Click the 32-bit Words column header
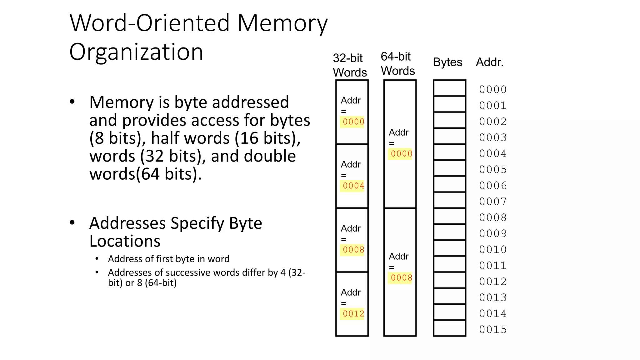pyautogui.click(x=349, y=65)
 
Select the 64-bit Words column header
pyautogui.click(x=397, y=64)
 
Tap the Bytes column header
pyautogui.click(x=447, y=62)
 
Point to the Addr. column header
pyautogui.click(x=489, y=62)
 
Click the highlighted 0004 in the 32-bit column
pyautogui.click(x=353, y=186)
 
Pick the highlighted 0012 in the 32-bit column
pyautogui.click(x=353, y=314)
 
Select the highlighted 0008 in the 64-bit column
pyautogui.click(x=401, y=278)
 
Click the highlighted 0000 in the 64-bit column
pyautogui.click(x=401, y=154)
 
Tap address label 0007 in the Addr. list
pyautogui.click(x=493, y=202)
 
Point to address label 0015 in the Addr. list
pyautogui.click(x=493, y=330)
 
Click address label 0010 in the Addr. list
pyautogui.click(x=493, y=250)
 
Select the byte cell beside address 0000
pyautogui.click(x=449, y=88)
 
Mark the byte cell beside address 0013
pyautogui.click(x=449, y=296)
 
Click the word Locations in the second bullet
pyautogui.click(x=125, y=241)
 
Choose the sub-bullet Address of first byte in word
pyautogui.click(x=168, y=259)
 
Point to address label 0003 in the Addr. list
pyautogui.click(x=493, y=137)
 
